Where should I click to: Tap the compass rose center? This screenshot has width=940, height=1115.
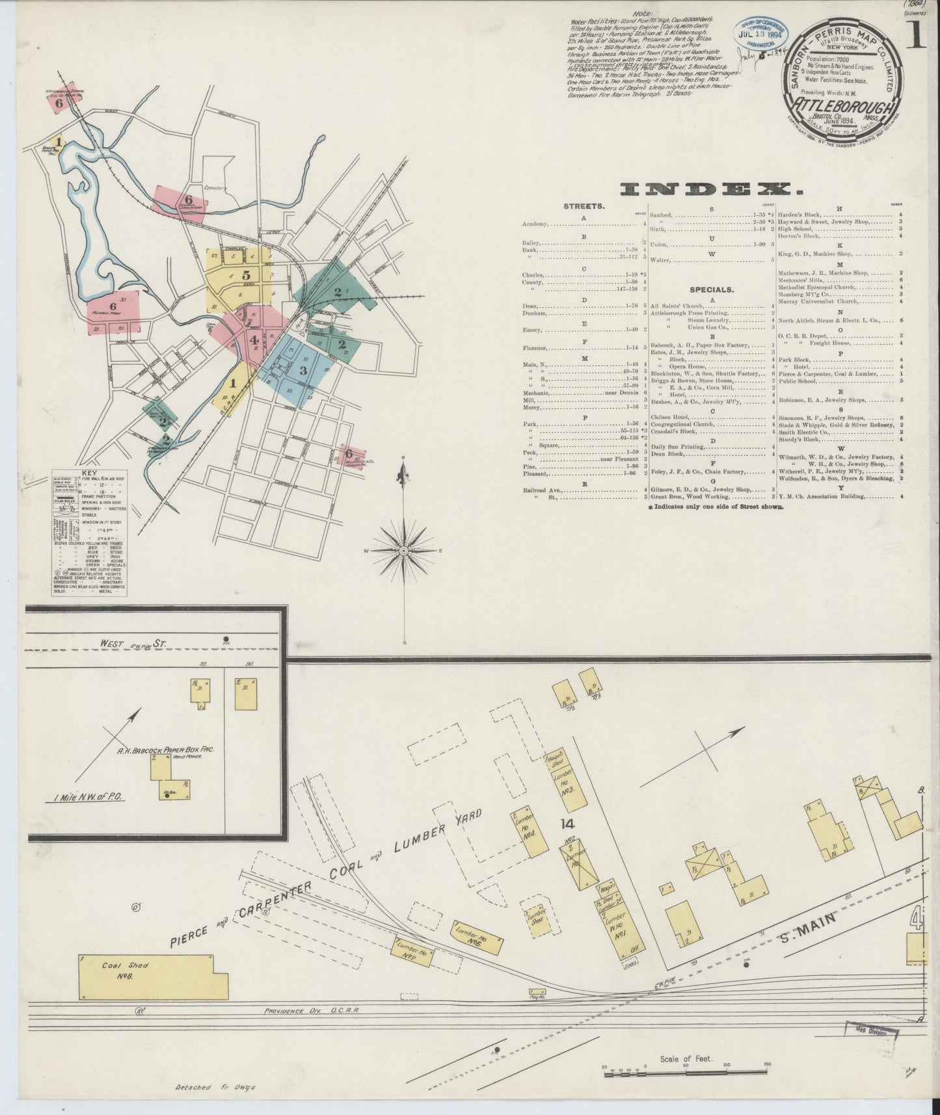tap(404, 550)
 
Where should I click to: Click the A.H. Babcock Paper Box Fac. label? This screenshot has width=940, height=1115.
tap(166, 750)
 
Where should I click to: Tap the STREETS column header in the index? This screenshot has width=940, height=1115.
tap(584, 206)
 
